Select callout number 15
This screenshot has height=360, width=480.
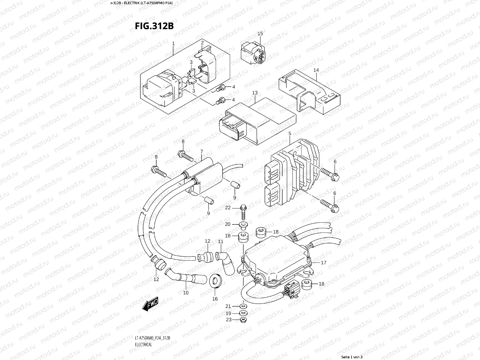[x=260, y=34]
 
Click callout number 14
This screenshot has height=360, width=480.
[x=316, y=70]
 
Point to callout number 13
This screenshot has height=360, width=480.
[x=255, y=93]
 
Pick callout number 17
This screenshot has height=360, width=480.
[x=323, y=262]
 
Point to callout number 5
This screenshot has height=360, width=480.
[x=290, y=133]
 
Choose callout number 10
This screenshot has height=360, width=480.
[x=186, y=293]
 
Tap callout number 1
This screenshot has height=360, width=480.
[x=173, y=44]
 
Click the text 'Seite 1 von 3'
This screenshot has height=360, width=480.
[x=352, y=357]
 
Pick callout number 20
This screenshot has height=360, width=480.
[x=228, y=224]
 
